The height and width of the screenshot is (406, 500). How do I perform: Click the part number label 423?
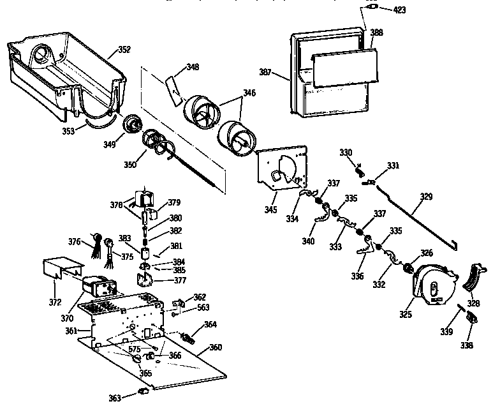[399, 10]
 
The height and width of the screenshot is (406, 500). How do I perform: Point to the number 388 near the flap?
[376, 32]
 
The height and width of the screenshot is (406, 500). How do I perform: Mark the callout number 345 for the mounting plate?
[271, 209]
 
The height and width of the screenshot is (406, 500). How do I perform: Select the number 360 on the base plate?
[216, 349]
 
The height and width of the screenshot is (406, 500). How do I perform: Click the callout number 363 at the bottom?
[115, 398]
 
